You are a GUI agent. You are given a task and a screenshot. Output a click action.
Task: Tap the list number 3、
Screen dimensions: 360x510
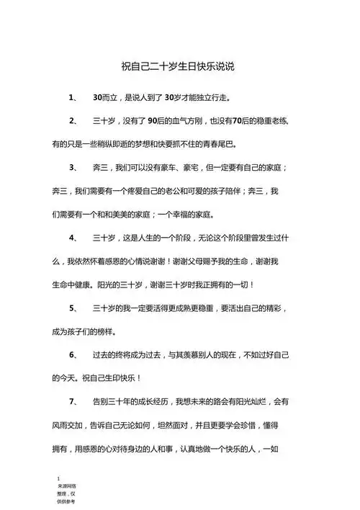(73, 166)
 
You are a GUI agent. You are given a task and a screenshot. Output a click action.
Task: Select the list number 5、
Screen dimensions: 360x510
(73, 308)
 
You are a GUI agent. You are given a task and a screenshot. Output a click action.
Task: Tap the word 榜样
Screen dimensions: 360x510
(102, 331)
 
